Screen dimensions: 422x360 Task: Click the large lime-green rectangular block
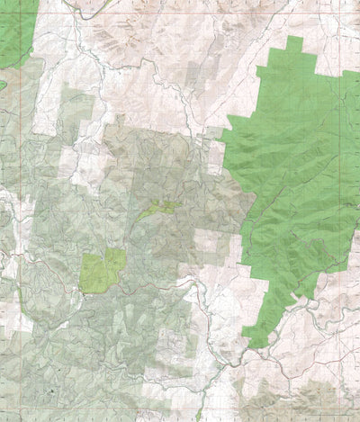click(x=102, y=270)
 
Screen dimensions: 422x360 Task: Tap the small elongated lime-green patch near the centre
click(x=160, y=208)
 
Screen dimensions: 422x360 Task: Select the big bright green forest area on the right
click(x=288, y=180)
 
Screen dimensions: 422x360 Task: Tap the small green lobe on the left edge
click(x=3, y=85)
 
